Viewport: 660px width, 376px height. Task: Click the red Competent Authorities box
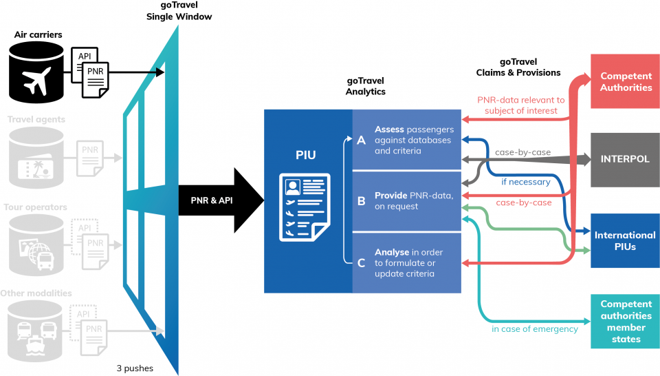(x=626, y=82)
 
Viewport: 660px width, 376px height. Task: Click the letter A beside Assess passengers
(x=362, y=140)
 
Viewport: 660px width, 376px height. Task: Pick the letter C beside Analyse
(x=362, y=262)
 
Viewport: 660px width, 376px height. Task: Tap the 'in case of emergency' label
(x=534, y=329)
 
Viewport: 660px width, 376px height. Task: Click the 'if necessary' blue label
(x=525, y=182)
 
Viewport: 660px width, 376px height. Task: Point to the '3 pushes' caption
(x=135, y=368)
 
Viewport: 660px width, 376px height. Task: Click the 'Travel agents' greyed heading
(x=36, y=119)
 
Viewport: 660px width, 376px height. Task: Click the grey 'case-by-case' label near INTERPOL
(x=522, y=152)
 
